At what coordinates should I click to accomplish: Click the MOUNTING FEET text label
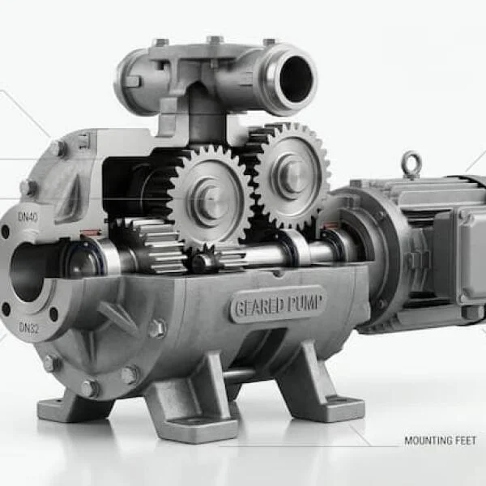click(440, 441)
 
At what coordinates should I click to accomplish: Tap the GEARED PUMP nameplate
click(279, 305)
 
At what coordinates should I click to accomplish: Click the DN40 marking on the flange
click(28, 217)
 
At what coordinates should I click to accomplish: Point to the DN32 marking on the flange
click(29, 327)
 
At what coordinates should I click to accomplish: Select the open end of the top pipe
click(296, 79)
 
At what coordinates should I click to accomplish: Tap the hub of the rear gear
click(292, 174)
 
